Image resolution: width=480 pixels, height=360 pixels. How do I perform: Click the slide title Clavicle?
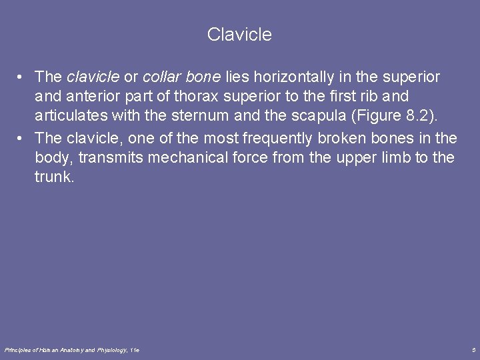click(239, 35)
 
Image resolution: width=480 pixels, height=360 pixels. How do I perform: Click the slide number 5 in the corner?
click(473, 349)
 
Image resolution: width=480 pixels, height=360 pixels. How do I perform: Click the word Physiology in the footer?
click(112, 349)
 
